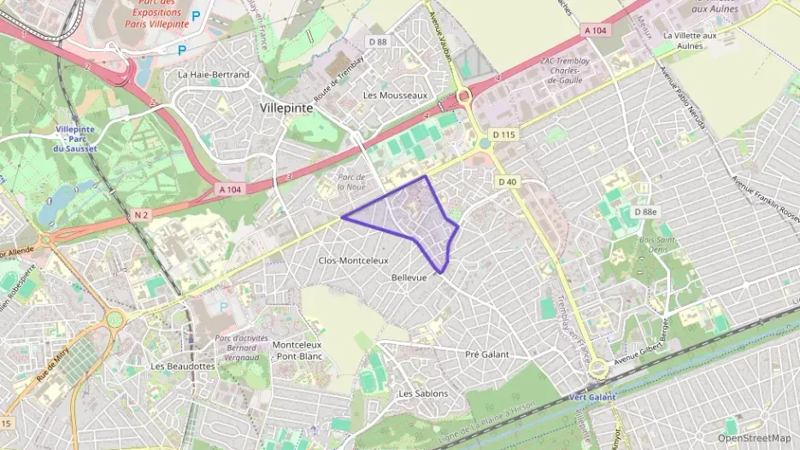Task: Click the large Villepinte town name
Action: click(x=286, y=109)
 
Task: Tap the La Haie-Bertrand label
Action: click(x=214, y=74)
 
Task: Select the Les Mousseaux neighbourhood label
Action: click(x=395, y=96)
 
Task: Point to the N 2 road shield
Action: click(x=141, y=216)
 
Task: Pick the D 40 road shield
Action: click(x=507, y=181)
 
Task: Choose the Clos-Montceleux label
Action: click(x=353, y=260)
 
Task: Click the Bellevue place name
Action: click(x=408, y=278)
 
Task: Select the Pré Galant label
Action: click(x=486, y=354)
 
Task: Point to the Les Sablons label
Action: click(x=423, y=394)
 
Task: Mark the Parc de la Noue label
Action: click(x=351, y=181)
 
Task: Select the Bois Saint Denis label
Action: click(x=657, y=245)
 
